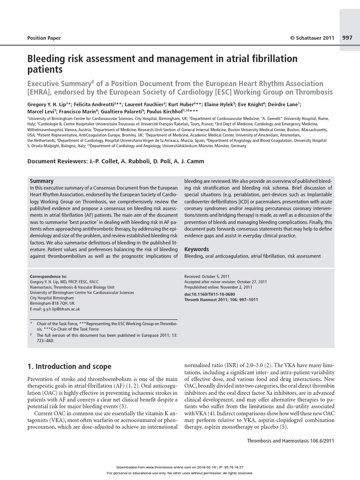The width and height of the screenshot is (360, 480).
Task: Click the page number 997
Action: [348, 38]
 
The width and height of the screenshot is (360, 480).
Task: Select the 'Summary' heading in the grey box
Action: [42, 181]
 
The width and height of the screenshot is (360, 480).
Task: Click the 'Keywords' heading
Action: [197, 249]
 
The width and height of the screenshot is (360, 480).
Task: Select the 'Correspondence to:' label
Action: [48, 276]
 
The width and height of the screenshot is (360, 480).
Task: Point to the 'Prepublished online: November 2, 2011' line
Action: [218, 287]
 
